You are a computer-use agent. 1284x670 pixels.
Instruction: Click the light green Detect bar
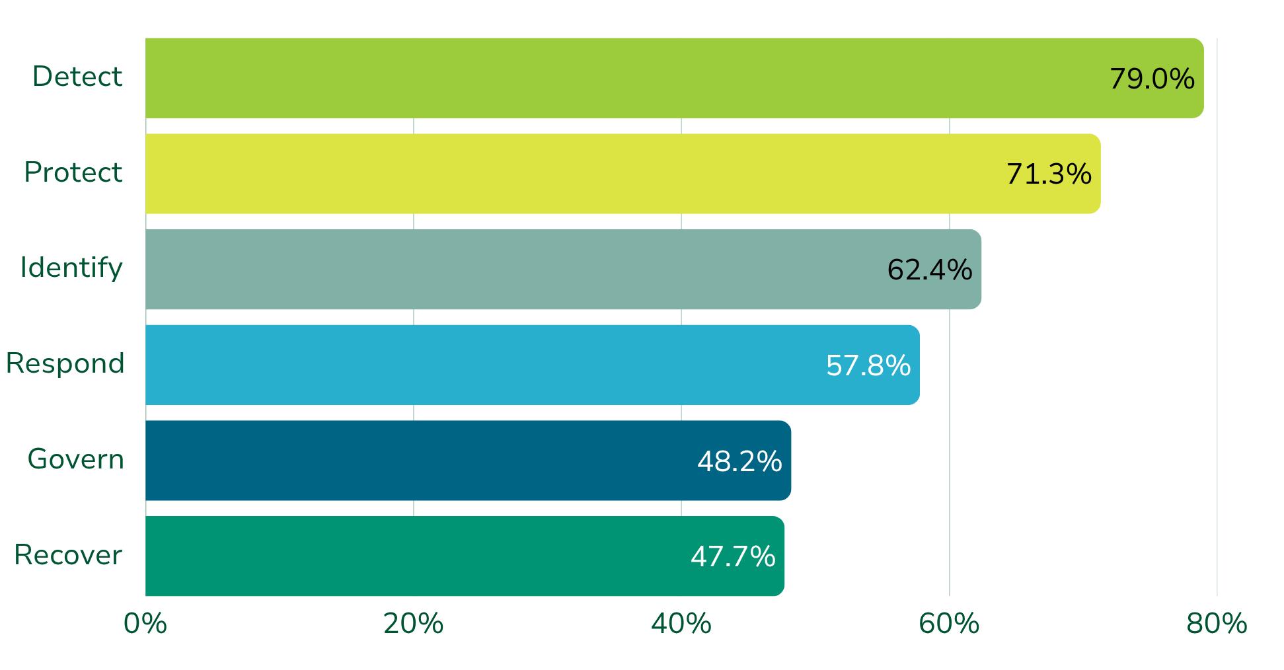pos(675,78)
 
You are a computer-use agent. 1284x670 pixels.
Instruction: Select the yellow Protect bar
pos(623,174)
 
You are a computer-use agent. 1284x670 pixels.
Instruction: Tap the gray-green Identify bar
pos(563,269)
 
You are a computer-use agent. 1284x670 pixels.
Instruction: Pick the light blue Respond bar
pos(533,365)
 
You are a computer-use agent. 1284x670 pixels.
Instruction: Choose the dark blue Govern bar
pos(468,461)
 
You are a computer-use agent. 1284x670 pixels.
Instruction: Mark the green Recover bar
pos(465,556)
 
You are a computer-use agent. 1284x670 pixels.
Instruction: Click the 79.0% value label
pos(1152,79)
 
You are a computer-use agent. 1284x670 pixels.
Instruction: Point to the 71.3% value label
pos(1049,174)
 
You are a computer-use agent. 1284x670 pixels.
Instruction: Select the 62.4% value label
pos(930,270)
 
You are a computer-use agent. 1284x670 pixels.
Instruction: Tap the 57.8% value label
pos(868,365)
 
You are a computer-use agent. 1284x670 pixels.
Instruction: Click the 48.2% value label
pos(739,461)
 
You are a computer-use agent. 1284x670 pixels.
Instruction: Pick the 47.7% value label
pos(733,556)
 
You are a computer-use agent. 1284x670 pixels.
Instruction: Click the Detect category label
pos(77,77)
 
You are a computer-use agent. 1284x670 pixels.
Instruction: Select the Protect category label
pos(73,172)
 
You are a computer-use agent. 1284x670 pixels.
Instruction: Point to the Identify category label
pos(71,268)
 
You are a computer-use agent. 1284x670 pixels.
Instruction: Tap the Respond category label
pos(65,364)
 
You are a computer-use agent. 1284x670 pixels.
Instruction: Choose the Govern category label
pos(76,459)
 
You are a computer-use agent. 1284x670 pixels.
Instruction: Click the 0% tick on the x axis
pos(145,624)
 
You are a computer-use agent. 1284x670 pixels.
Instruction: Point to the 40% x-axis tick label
pos(681,624)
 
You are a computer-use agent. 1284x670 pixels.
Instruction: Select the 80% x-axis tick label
pos(1217,624)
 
